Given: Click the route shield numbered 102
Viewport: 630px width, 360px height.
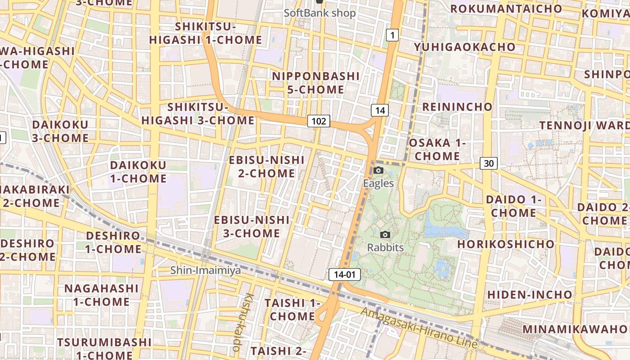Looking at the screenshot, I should pos(319,121).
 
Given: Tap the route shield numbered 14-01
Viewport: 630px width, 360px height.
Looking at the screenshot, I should pos(345,274).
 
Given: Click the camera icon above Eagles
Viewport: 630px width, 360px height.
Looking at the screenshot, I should pos(378,170).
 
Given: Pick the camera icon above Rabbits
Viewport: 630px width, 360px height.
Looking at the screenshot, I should pos(385,234).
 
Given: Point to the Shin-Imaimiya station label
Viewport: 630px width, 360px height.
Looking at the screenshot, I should pos(205,270).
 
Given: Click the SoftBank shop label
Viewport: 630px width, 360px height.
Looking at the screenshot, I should pos(319,13).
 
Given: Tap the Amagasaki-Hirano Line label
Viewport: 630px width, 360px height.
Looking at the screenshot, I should pos(418,327).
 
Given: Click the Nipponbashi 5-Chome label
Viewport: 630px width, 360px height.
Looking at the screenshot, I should pos(316,83).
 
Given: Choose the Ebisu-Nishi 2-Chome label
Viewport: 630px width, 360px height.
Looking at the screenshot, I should pos(267,166).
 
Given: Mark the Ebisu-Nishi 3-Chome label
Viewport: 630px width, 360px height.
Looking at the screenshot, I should pos(252,226).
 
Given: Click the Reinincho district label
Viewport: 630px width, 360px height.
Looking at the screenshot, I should pos(457,107).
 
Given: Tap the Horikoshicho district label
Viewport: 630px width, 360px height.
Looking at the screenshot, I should pos(506,244).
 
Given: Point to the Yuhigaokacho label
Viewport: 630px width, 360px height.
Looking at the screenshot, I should pos(465,47).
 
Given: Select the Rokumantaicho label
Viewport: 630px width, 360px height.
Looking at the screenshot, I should pos(506,9).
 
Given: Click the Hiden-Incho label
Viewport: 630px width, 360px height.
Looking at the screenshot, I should pos(530,295).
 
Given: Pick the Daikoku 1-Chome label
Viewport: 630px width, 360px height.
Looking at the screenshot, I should pos(138,171).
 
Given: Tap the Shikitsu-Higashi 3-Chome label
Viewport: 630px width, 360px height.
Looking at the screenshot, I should pos(198,114).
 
